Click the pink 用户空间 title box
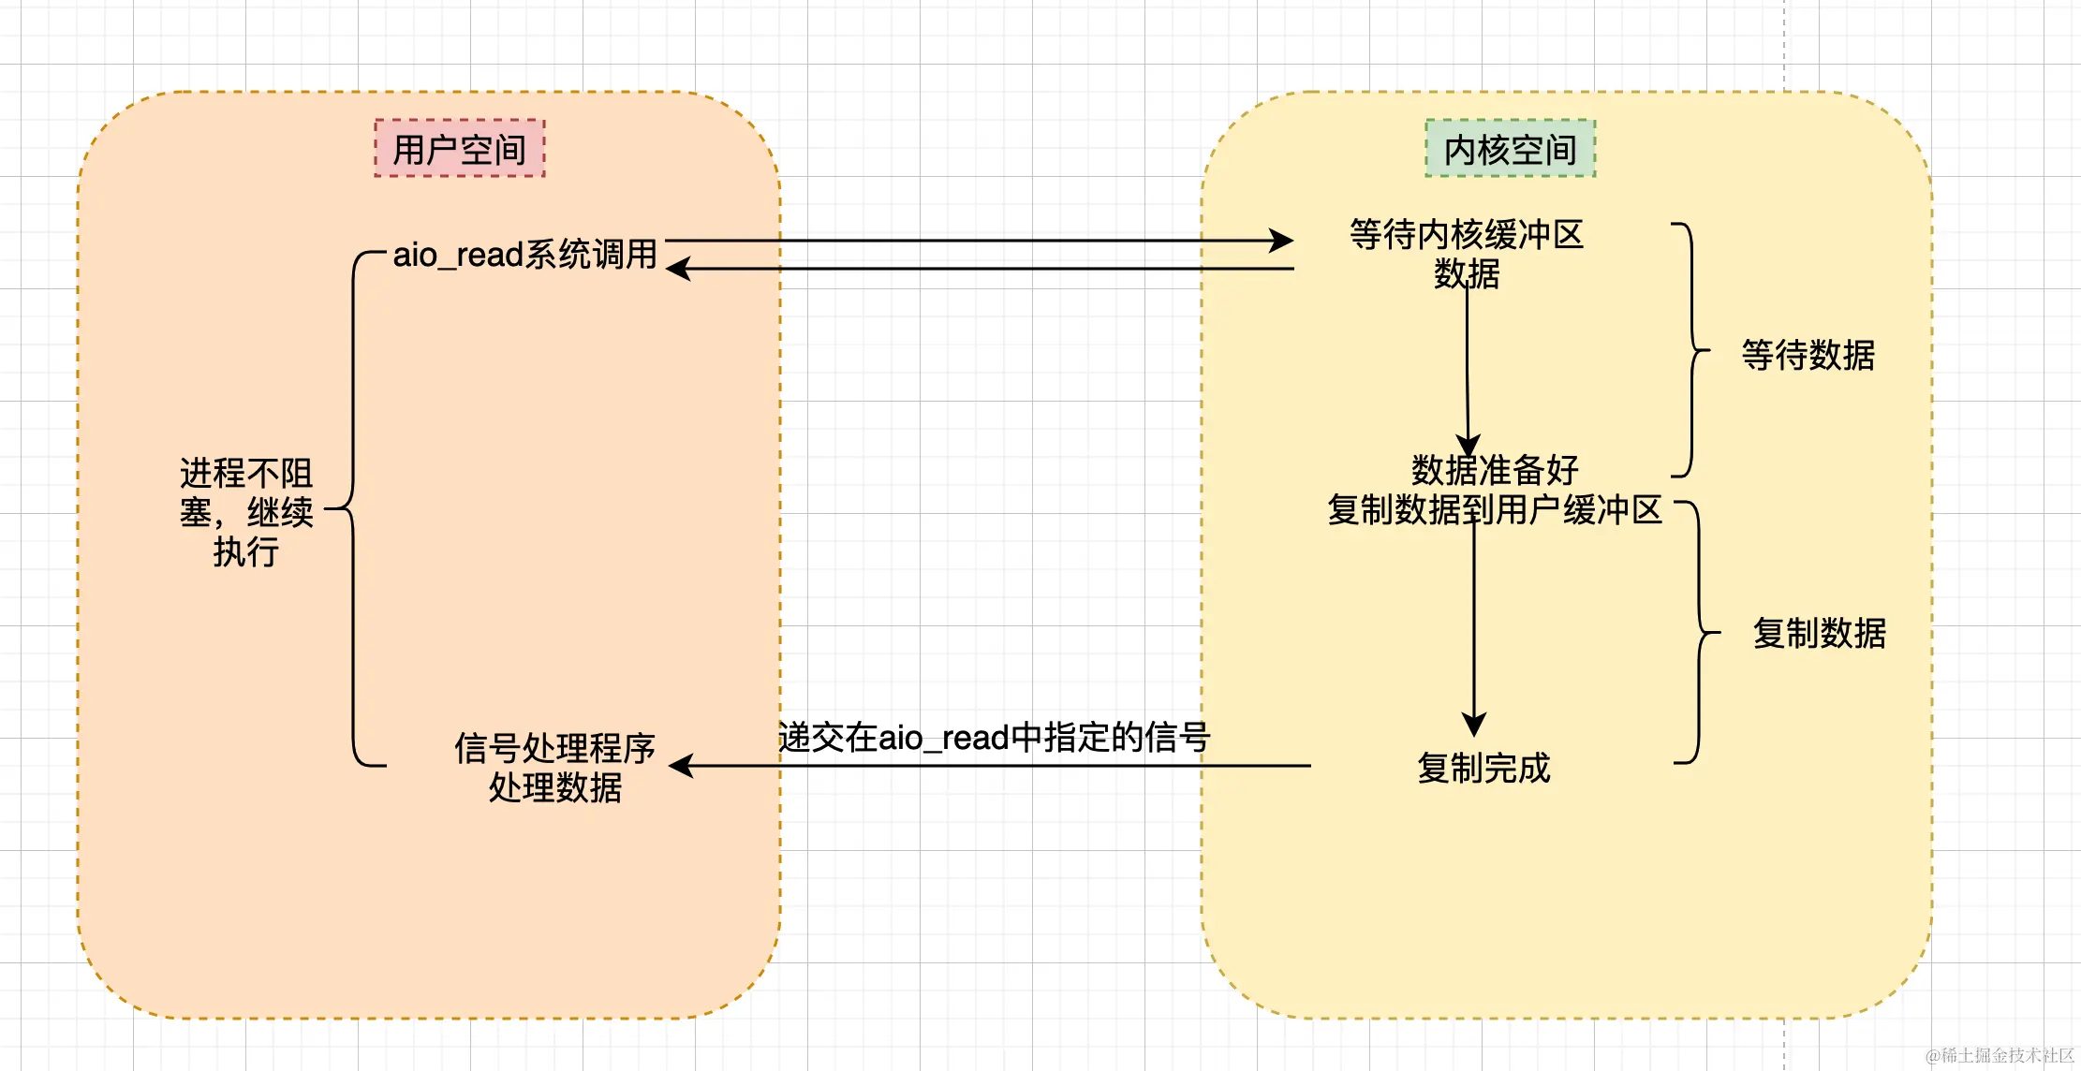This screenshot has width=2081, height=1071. [x=459, y=149]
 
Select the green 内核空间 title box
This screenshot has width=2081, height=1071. [x=1510, y=149]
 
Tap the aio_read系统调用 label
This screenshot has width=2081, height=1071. [x=524, y=255]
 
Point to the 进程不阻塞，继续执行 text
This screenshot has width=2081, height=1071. [x=246, y=512]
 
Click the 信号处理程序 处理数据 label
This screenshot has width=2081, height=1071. [x=554, y=768]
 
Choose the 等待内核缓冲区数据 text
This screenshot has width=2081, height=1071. [x=1467, y=254]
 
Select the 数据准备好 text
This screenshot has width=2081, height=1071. [x=1495, y=469]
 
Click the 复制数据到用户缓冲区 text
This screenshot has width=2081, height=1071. [x=1495, y=510]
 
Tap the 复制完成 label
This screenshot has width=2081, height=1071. [x=1483, y=769]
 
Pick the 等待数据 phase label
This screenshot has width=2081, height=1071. [x=1808, y=356]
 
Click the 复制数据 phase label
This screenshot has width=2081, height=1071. [x=1819, y=634]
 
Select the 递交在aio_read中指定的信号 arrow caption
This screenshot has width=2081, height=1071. [x=994, y=738]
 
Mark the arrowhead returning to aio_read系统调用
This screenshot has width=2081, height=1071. [x=678, y=269]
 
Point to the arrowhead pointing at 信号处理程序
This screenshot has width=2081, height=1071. [x=682, y=766]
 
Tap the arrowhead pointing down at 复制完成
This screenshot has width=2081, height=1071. [x=1474, y=725]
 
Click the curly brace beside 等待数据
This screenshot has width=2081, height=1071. [x=1691, y=350]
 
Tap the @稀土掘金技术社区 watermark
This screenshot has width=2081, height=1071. [x=2000, y=1055]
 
